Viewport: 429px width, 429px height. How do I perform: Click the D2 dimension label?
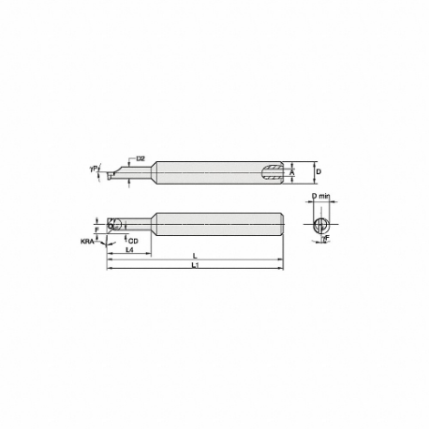click(141, 159)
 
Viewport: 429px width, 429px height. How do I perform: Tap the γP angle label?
click(94, 170)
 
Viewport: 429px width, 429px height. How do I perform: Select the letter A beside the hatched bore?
click(293, 172)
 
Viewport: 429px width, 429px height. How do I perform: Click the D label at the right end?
click(318, 172)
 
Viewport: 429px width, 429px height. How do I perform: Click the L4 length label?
click(127, 251)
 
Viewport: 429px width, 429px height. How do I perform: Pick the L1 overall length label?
click(194, 267)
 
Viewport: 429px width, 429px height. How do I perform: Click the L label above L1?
click(194, 255)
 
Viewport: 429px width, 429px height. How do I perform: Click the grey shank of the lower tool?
click(215, 224)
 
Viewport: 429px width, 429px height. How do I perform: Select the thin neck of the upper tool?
click(136, 173)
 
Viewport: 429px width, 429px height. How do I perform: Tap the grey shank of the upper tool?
click(206, 172)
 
